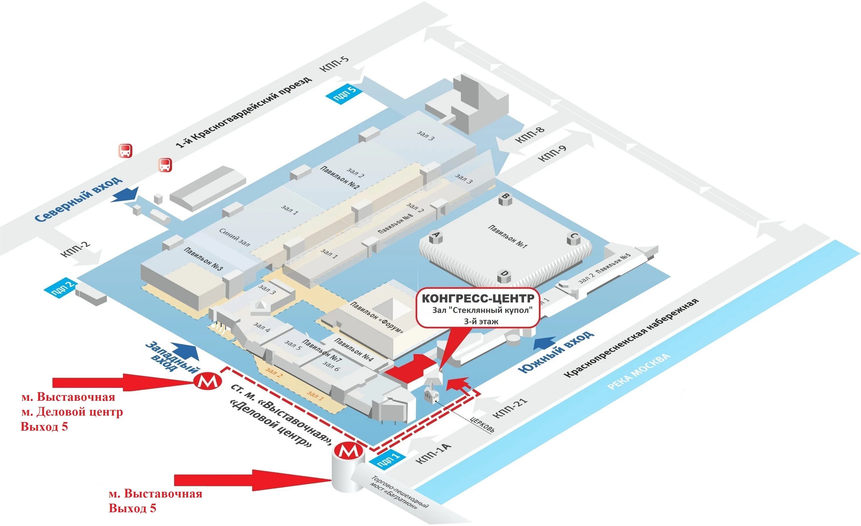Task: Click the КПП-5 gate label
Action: (x=334, y=64)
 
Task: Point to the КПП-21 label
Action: (x=509, y=408)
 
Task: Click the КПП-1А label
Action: (x=433, y=454)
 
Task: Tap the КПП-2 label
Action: (x=75, y=249)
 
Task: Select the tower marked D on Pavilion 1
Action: (x=504, y=275)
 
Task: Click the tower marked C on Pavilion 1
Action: (x=573, y=238)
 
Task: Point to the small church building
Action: (x=431, y=394)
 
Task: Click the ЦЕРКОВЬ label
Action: (x=482, y=424)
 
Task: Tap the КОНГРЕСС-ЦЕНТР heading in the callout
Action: (x=478, y=299)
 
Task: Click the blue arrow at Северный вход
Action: (x=126, y=195)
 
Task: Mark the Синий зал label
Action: (x=234, y=237)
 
